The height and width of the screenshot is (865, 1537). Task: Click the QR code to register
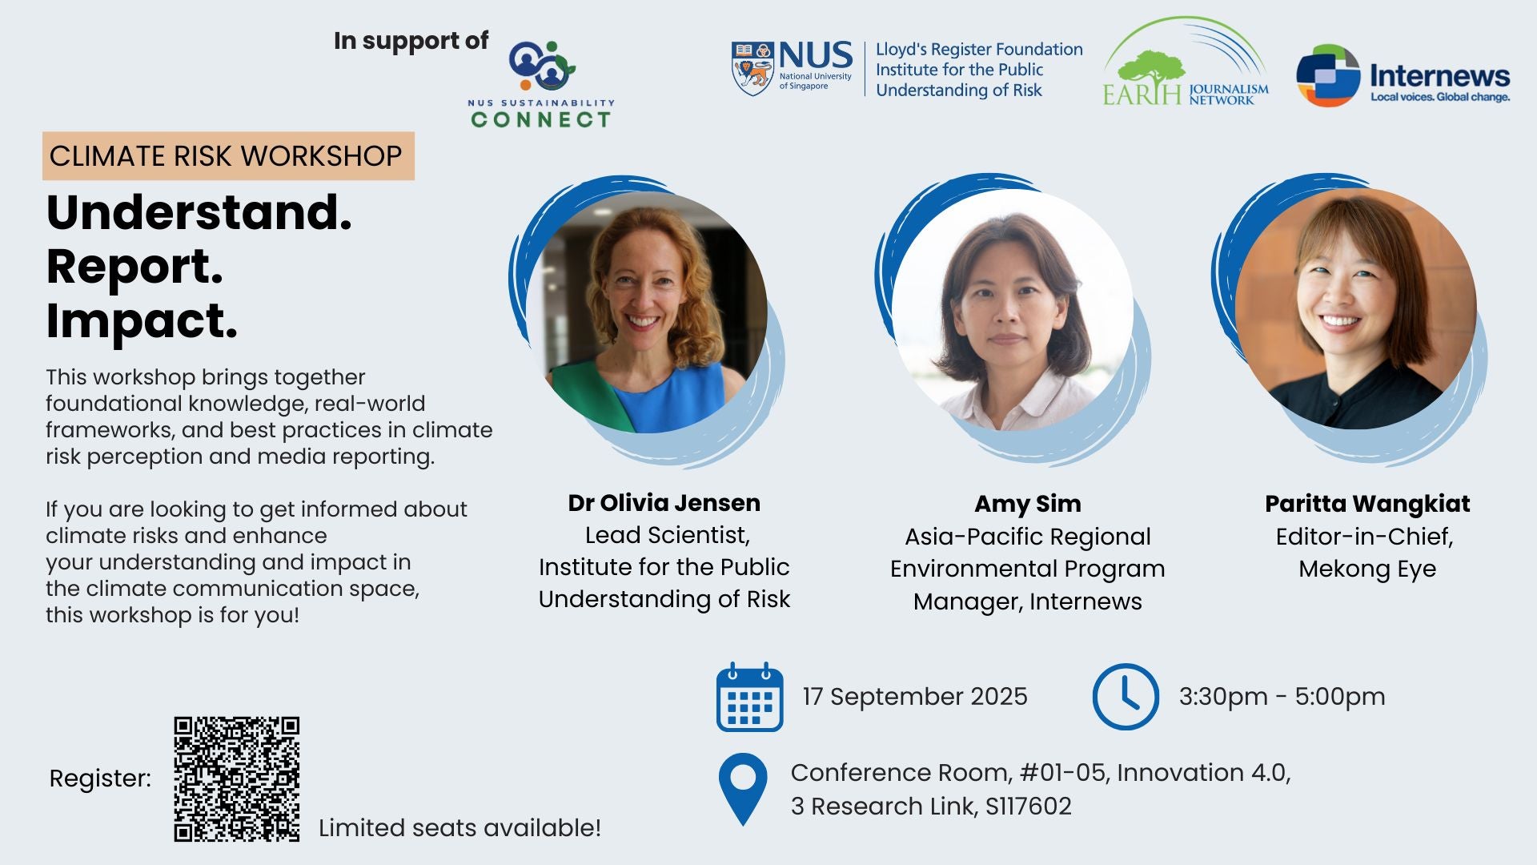[x=236, y=778]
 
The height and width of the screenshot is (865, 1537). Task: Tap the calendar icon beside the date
[x=749, y=697]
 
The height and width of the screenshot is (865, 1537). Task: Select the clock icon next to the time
[x=1125, y=696]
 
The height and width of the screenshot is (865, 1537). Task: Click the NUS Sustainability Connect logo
[x=542, y=85]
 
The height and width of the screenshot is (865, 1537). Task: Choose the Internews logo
[x=1403, y=75]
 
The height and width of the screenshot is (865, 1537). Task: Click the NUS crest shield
[x=752, y=69]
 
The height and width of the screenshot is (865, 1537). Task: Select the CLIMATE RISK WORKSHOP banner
[x=228, y=155]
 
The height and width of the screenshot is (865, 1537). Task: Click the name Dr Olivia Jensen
[x=664, y=503]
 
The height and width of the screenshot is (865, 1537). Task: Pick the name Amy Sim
[x=1027, y=504]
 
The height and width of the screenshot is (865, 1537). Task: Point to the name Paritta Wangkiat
[x=1367, y=504]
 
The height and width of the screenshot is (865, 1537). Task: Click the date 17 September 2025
[x=915, y=697]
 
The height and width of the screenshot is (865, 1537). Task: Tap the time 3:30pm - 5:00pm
[x=1282, y=697]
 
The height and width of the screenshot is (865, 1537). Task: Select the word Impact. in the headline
[x=142, y=321]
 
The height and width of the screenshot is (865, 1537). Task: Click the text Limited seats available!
[x=459, y=827]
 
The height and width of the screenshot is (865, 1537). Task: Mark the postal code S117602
[x=1028, y=807]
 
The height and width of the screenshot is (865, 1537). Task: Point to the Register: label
[x=100, y=778]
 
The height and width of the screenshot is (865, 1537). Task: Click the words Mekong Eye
[x=1366, y=569]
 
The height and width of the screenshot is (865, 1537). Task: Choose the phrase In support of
[x=411, y=41]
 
